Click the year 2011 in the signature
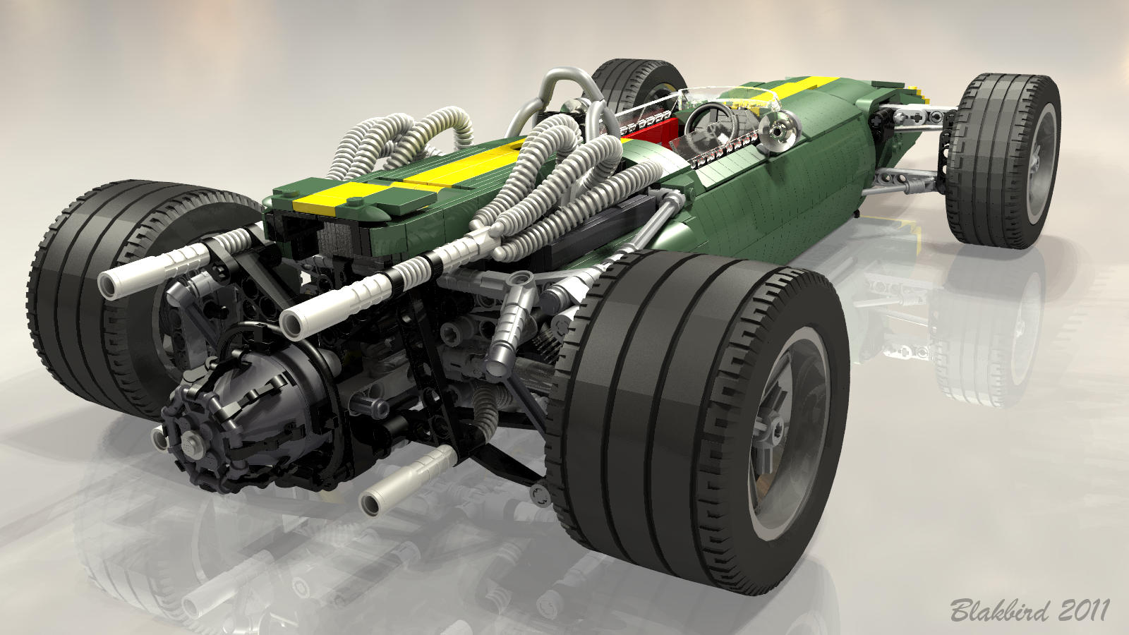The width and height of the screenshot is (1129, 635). pyautogui.click(x=1084, y=610)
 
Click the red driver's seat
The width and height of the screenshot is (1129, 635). pyautogui.click(x=649, y=132)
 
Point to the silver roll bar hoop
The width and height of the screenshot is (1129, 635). pyautogui.click(x=555, y=101)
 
